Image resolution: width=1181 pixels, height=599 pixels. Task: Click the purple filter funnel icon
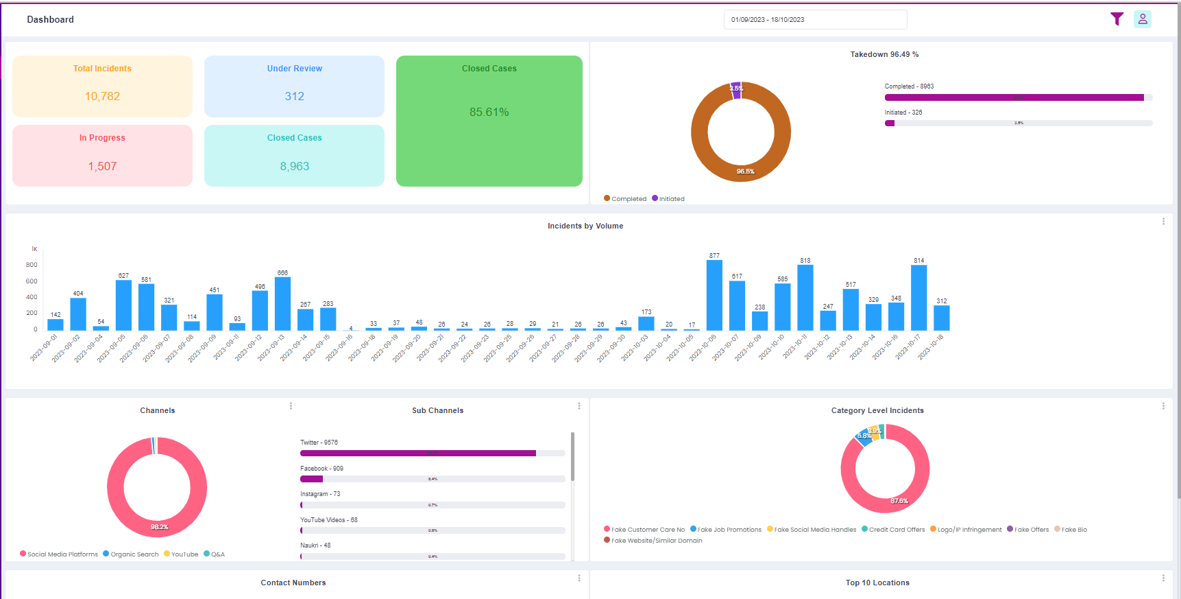1117,19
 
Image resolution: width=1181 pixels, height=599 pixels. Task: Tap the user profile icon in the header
1142,19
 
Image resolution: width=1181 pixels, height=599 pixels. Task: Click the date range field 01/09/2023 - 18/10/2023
814,20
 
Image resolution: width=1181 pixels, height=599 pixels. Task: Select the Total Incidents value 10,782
102,97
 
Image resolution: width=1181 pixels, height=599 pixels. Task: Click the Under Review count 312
294,97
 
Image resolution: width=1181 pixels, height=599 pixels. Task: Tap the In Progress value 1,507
102,167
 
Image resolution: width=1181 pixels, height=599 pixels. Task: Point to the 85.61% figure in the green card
489,112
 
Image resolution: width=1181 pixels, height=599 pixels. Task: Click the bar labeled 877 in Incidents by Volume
714,296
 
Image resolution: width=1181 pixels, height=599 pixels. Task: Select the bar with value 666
282,304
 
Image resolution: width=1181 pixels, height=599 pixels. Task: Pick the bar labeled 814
918,298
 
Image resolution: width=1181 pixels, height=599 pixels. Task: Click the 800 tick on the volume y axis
32,265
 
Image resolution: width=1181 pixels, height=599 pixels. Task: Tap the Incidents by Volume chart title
585,226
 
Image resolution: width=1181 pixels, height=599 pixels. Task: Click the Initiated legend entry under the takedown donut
668,199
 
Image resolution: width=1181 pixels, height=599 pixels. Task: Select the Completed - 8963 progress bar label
909,86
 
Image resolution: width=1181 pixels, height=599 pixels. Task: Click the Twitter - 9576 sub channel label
319,443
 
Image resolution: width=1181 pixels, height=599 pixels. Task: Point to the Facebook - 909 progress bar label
321,469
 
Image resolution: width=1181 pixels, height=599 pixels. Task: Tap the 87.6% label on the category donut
899,501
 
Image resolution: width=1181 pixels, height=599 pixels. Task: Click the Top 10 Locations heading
877,583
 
